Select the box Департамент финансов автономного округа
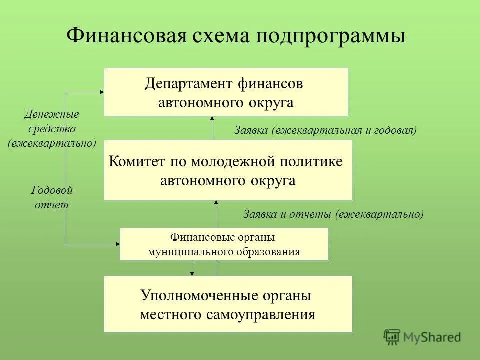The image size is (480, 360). click(x=226, y=92)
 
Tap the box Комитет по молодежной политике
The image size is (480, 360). click(x=228, y=170)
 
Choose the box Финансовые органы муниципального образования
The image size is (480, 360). click(x=224, y=244)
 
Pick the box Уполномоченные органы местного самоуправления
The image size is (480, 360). click(x=228, y=304)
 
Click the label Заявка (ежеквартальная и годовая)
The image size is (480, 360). click(x=325, y=130)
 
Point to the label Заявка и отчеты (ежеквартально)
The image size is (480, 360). click(x=333, y=214)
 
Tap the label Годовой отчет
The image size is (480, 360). click(x=52, y=197)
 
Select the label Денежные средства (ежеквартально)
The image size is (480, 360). click(x=52, y=129)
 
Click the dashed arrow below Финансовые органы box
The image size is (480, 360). click(x=192, y=268)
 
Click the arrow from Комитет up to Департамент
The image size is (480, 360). click(x=212, y=128)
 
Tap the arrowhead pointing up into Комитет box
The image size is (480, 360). click(x=216, y=203)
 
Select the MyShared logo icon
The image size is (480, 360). click(x=392, y=337)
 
